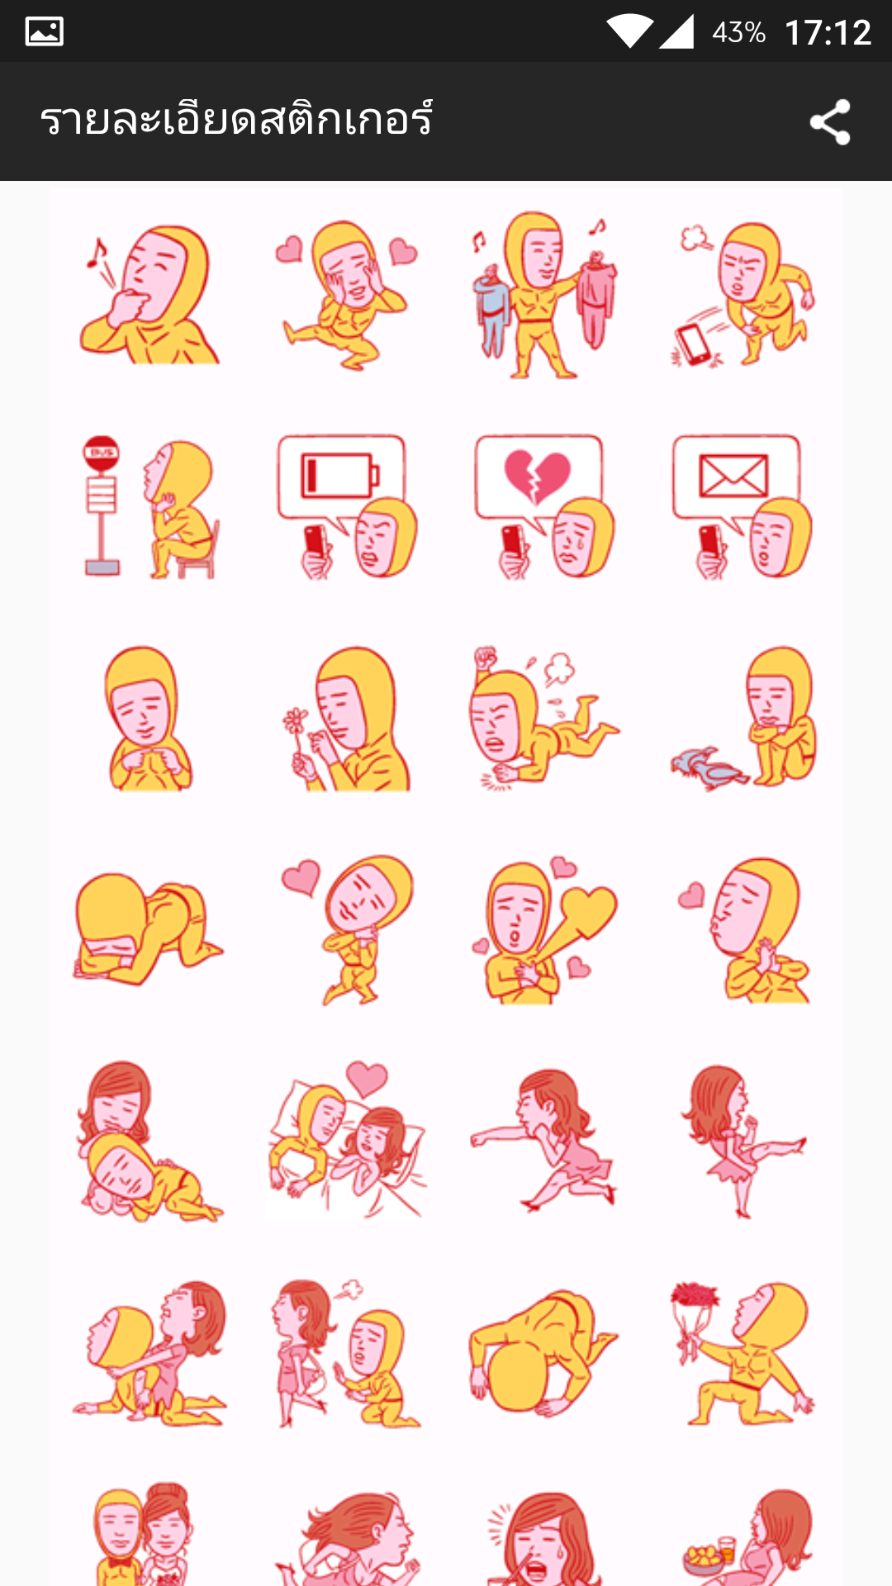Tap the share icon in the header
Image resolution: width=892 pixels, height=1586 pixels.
(x=830, y=122)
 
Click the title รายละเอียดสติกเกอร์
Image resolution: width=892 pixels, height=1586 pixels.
(x=236, y=120)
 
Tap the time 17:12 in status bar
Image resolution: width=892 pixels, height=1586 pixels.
(x=828, y=33)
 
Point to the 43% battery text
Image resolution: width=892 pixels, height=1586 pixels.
(x=738, y=33)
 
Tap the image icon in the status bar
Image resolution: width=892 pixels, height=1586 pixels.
(x=45, y=32)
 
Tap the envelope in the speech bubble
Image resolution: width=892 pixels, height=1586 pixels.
(x=734, y=475)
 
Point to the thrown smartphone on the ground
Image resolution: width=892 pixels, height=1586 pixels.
(x=694, y=343)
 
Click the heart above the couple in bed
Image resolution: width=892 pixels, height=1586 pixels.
(x=366, y=1078)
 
